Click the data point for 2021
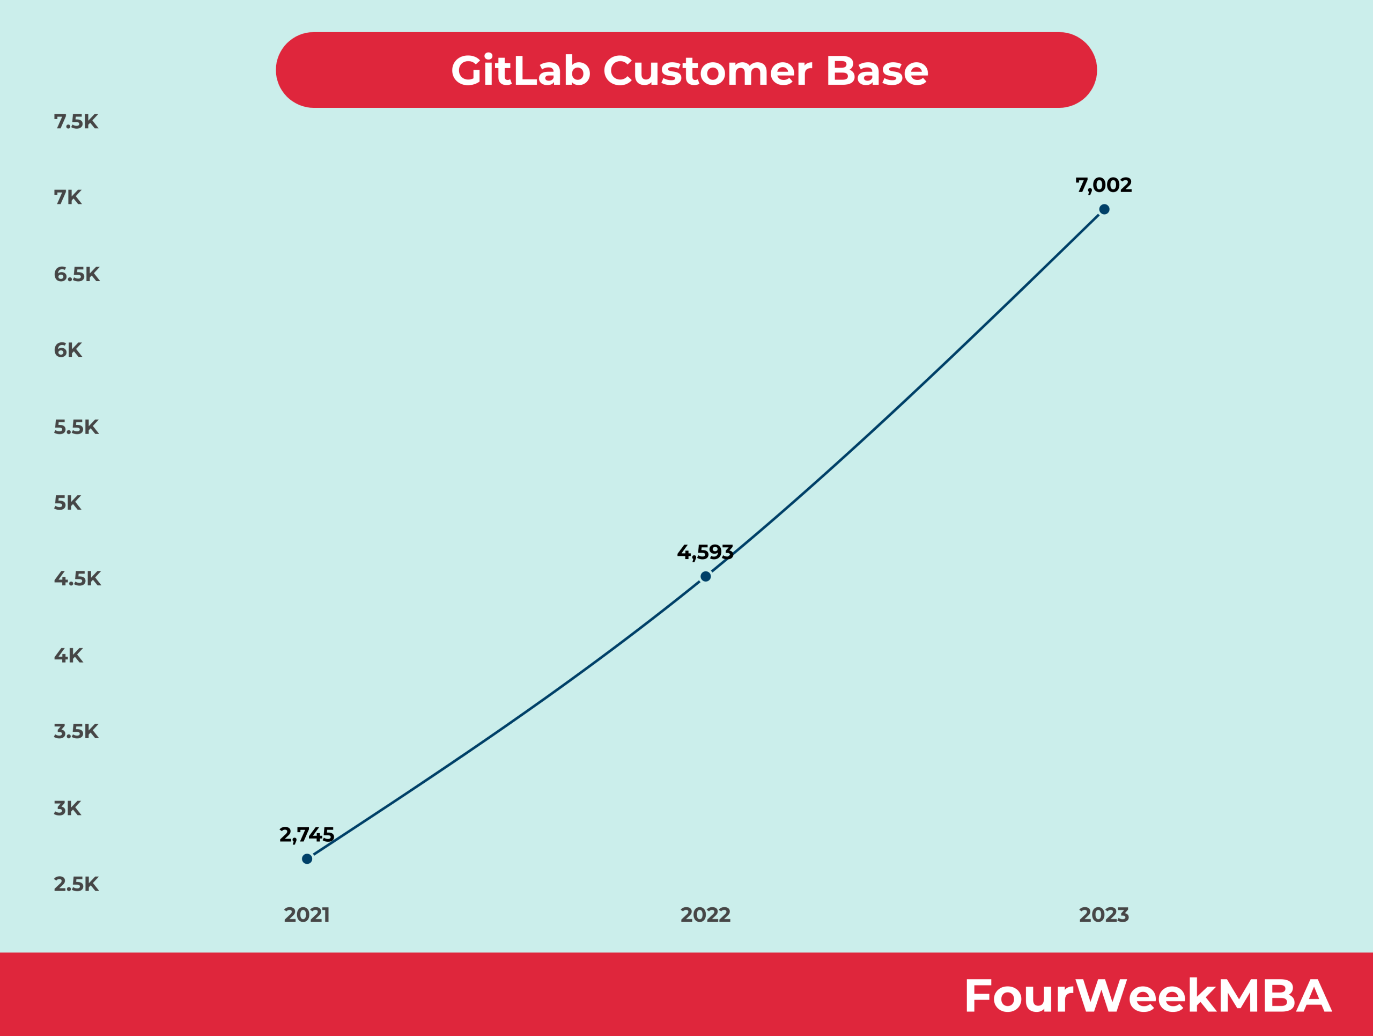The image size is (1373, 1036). (x=307, y=859)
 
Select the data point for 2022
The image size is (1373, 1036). (x=706, y=577)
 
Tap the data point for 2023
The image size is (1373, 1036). (x=1104, y=210)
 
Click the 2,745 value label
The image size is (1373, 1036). (x=307, y=835)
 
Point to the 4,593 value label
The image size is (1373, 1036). (x=705, y=553)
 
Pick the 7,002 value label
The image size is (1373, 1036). (x=1104, y=185)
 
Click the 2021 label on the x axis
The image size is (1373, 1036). (x=307, y=915)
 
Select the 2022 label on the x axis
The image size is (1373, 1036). (x=706, y=915)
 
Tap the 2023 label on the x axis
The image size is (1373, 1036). (x=1104, y=915)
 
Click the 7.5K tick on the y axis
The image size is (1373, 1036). (x=76, y=122)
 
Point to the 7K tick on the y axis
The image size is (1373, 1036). (x=68, y=198)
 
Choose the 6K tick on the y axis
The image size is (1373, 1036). (x=68, y=351)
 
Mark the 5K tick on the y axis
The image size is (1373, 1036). (x=68, y=503)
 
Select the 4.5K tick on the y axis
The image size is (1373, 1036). (x=78, y=579)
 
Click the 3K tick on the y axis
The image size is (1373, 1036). (x=68, y=808)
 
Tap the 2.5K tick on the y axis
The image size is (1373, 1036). (x=76, y=884)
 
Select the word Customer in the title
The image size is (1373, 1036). (x=707, y=71)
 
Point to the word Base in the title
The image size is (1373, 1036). (x=877, y=71)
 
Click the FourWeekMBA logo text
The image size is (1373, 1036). (x=1148, y=996)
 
